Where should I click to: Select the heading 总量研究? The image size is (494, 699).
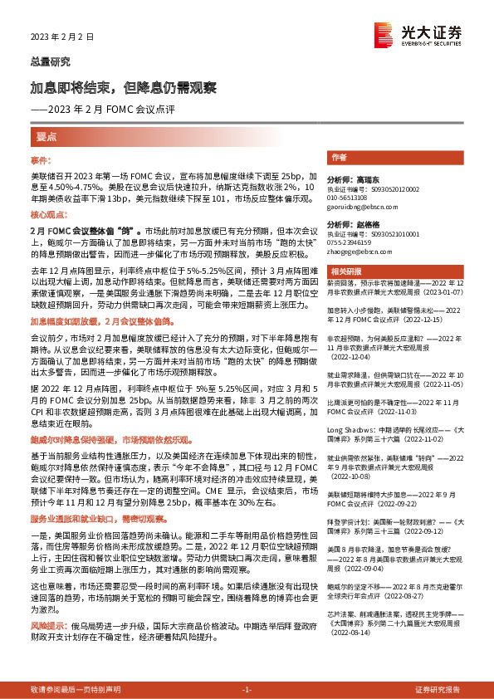tap(50, 62)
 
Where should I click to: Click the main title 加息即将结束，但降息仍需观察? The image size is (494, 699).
tap(124, 87)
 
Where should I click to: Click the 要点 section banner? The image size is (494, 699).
tap(46, 135)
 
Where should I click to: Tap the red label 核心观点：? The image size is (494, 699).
tap(47, 214)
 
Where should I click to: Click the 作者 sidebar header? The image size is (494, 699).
tap(339, 157)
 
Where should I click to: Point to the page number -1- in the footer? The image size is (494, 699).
tap(247, 690)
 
